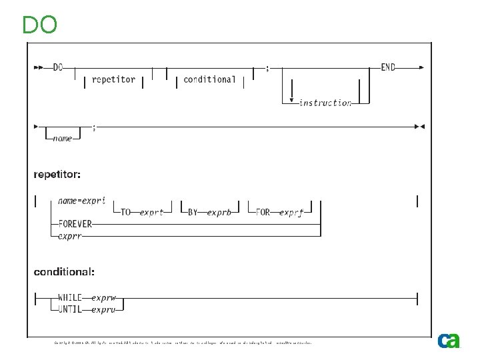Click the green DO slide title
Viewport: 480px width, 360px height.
coord(39,25)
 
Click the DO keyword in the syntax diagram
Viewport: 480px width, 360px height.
coord(58,67)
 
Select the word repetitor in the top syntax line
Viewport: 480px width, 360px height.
coord(113,79)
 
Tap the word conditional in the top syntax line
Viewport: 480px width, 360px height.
coord(209,79)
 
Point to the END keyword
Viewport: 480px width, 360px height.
coord(388,67)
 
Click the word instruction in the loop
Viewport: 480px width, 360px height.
coord(325,103)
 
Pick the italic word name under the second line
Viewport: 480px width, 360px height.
coord(63,139)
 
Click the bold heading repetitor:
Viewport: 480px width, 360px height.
coord(58,175)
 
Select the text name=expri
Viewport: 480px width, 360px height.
coord(82,200)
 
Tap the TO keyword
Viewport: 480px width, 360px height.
coord(127,213)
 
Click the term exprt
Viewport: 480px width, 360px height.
coord(152,213)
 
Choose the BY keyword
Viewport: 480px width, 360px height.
coord(193,213)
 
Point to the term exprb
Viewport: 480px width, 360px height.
coord(219,213)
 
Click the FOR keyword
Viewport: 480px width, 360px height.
coord(263,213)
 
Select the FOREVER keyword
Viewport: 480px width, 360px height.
coord(75,224)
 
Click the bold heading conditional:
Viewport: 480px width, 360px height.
coord(65,271)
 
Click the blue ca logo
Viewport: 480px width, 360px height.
coord(449,341)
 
